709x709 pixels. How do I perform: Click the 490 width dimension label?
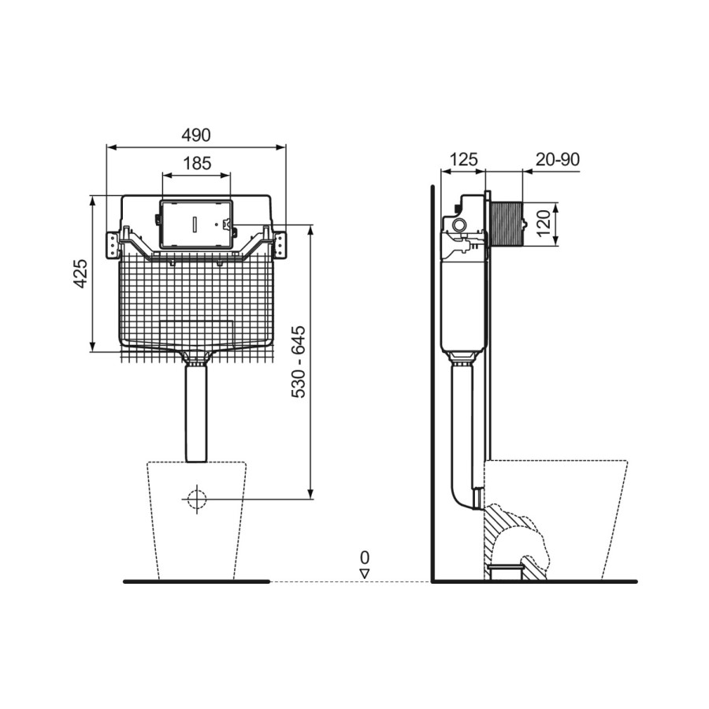196,135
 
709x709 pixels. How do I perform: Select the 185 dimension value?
196,163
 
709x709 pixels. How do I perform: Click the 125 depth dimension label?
463,159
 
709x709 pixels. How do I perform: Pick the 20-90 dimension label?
557,159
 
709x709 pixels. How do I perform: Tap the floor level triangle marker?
364,573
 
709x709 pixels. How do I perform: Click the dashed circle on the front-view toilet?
195,499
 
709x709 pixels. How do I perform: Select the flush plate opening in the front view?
195,224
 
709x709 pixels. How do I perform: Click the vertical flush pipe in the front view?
195,414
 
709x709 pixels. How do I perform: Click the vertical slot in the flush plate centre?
192,224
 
